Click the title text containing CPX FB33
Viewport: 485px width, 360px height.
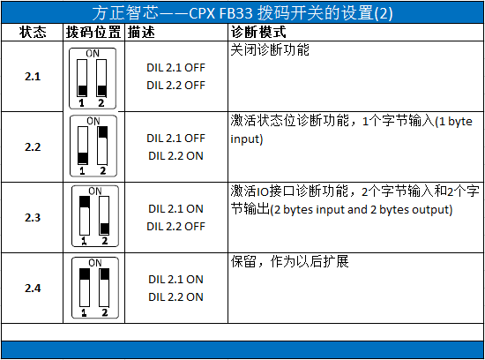tap(242, 14)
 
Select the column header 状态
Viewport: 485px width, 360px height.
tap(33, 33)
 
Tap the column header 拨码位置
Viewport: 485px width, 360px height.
tap(93, 33)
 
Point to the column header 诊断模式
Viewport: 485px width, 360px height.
tap(257, 33)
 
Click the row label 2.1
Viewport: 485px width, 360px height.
tap(33, 77)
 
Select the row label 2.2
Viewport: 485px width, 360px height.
tap(33, 146)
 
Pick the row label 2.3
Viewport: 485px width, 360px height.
tap(33, 217)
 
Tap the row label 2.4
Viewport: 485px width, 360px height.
tap(33, 288)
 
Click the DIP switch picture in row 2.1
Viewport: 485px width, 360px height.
tap(93, 76)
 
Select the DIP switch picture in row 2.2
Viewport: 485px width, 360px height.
tap(93, 147)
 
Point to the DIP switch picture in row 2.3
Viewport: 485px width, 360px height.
tap(93, 217)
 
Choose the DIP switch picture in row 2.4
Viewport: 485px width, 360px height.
tap(93, 288)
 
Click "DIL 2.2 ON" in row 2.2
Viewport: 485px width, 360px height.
tap(175, 155)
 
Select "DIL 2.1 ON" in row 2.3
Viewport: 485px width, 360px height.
tap(175, 209)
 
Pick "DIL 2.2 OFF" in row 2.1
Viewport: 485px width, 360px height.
tap(175, 85)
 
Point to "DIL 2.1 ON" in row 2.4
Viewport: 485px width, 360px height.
tap(175, 280)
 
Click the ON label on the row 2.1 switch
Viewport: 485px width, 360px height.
tap(93, 54)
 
